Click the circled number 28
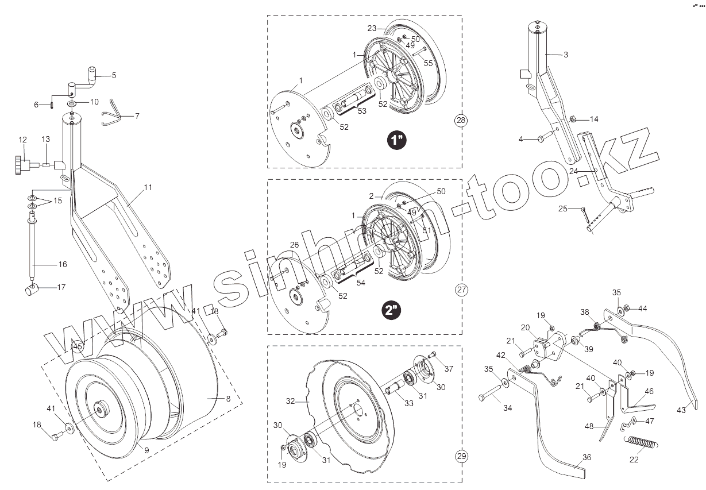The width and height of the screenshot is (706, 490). click(461, 121)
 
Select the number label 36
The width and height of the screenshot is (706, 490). click(586, 458)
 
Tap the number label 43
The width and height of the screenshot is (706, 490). click(682, 410)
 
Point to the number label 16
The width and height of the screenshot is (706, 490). click(63, 264)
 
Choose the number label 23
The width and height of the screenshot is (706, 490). click(372, 28)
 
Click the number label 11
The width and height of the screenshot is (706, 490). click(148, 187)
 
